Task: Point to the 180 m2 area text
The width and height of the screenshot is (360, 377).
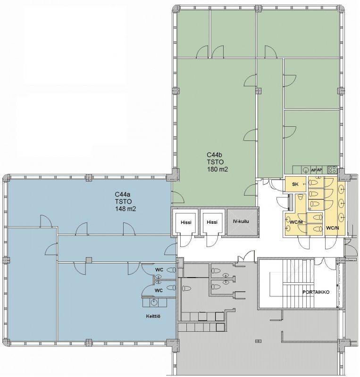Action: coord(218,169)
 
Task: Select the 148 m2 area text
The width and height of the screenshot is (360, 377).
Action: coord(126,209)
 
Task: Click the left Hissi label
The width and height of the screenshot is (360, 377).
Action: coord(186,222)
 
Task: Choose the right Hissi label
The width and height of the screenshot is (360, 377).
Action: coord(212,222)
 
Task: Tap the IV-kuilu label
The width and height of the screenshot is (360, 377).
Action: coord(241,221)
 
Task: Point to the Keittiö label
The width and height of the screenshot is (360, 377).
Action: coord(153,316)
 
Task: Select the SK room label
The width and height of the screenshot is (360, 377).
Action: coord(295,184)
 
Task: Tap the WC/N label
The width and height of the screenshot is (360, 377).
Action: coord(332,228)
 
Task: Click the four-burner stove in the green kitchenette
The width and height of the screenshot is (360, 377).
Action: coord(332,170)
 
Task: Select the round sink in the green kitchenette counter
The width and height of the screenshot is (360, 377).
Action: coord(306,170)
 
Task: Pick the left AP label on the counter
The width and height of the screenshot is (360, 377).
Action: coord(313,170)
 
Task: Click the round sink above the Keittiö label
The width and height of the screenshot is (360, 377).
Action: coord(154,302)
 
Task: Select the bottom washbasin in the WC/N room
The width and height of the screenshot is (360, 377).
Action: coord(341,218)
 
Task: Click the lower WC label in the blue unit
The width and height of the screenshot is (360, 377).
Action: coord(159,290)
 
